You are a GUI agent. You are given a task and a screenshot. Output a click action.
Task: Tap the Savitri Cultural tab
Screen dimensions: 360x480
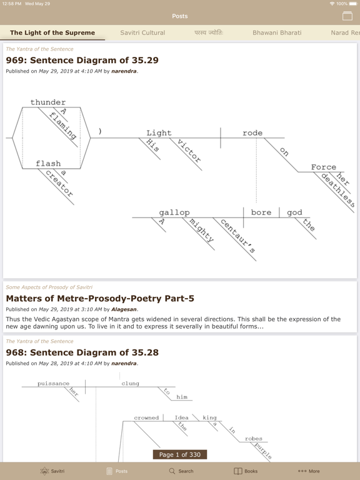point(142,32)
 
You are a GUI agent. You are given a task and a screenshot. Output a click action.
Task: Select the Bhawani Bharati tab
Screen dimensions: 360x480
point(277,32)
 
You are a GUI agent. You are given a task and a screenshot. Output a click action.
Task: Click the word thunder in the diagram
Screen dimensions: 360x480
point(48,102)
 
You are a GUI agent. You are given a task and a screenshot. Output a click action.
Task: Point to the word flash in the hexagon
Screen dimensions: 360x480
point(48,164)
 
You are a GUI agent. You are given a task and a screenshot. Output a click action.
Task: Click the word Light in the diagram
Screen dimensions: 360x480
point(159,133)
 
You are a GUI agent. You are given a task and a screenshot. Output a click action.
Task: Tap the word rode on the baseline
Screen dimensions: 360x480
point(252,133)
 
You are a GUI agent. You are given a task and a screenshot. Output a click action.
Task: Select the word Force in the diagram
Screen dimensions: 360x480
point(324,167)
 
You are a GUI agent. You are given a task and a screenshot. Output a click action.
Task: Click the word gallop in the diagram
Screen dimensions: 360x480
point(174,212)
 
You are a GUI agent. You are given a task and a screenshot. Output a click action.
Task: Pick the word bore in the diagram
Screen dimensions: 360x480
point(261,212)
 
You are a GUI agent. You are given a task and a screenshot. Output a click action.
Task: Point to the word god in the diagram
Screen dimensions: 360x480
point(294,212)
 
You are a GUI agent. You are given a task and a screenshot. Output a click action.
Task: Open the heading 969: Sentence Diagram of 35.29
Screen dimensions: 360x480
point(82,60)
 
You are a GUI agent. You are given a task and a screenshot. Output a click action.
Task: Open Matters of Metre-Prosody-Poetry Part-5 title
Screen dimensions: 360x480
point(100,299)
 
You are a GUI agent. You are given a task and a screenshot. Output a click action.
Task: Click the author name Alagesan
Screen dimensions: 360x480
point(124,309)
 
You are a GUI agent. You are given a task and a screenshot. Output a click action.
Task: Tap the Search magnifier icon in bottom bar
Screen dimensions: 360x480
point(172,471)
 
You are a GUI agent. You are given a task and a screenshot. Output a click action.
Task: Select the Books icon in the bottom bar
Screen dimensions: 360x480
point(238,471)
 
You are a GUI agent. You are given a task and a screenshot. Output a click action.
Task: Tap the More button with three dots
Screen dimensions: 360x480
point(309,471)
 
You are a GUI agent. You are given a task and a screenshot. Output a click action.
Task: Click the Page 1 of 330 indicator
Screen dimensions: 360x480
point(180,454)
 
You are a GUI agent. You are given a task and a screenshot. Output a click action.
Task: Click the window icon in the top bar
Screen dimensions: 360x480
point(347,16)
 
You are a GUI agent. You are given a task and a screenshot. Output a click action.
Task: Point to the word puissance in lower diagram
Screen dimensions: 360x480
point(53,384)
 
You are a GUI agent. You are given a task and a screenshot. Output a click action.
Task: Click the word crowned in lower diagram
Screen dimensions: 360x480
point(146,418)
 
